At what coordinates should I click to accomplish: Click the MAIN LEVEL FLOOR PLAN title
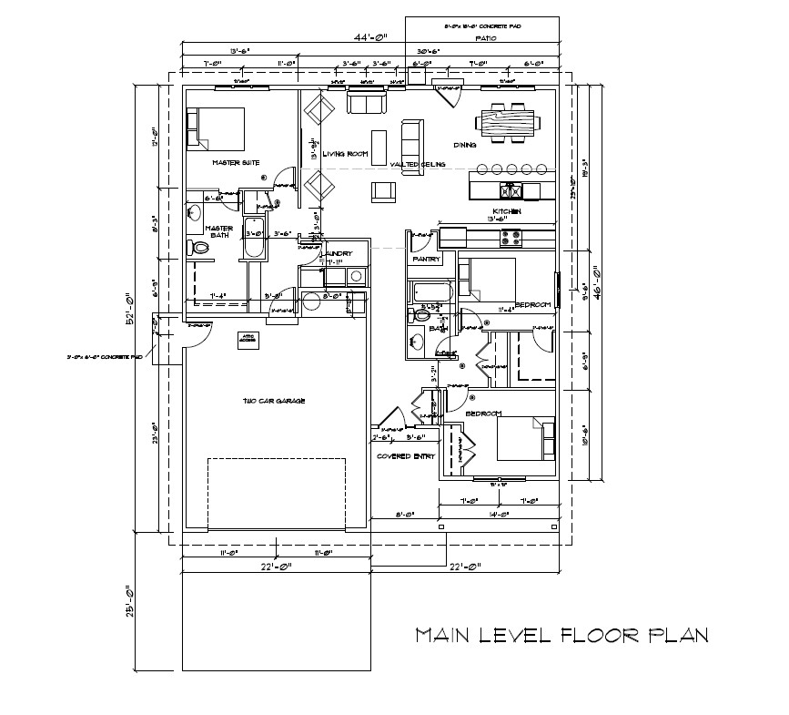[x=561, y=635]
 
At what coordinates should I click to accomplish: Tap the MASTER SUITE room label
[x=236, y=163]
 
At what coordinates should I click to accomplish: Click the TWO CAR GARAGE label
[x=273, y=401]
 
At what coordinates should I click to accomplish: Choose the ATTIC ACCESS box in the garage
[x=246, y=338]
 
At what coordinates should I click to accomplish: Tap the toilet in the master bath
[x=199, y=247]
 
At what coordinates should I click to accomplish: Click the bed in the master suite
[x=217, y=128]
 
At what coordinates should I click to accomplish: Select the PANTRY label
[x=426, y=260]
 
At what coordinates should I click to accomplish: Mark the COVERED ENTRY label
[x=406, y=456]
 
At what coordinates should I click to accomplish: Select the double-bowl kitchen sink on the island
[x=512, y=191]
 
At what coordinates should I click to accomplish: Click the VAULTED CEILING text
[x=419, y=165]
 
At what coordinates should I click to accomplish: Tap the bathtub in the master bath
[x=255, y=240]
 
